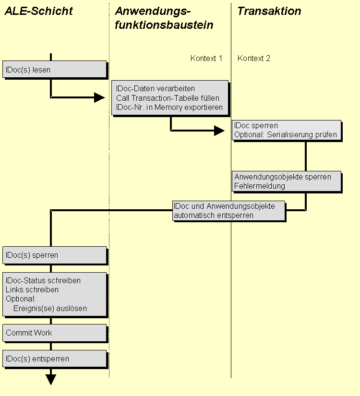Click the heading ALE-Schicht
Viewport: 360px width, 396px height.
[x=38, y=11]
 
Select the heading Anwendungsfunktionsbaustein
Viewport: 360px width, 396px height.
[x=164, y=18]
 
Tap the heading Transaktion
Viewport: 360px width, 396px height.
[x=269, y=11]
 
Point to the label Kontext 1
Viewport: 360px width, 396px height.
[x=206, y=59]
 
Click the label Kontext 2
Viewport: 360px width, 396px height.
[x=254, y=59]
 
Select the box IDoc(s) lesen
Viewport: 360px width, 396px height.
[x=54, y=70]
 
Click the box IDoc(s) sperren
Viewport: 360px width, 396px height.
[x=54, y=255]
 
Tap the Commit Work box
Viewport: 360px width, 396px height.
[x=54, y=333]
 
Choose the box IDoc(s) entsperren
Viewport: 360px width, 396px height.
[x=54, y=359]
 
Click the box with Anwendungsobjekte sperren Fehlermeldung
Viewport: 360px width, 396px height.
[x=287, y=181]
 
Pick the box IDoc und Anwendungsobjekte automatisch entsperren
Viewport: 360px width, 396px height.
[x=228, y=211]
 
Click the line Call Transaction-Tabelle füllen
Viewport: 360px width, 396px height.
[x=168, y=98]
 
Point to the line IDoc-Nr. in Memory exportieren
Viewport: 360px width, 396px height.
[x=169, y=107]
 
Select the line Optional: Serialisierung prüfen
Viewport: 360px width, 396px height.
[x=286, y=135]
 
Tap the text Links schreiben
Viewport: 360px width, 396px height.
[x=32, y=290]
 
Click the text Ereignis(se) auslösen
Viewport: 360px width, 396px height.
[x=50, y=309]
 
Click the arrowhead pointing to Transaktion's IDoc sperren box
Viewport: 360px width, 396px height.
[x=219, y=130]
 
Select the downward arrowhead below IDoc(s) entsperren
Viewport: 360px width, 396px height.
[x=51, y=380]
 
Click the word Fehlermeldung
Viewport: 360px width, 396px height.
[x=260, y=186]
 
